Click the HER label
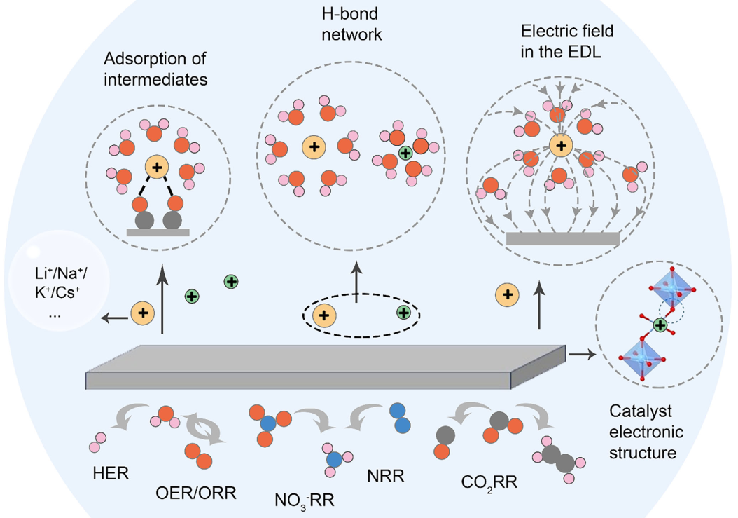click(x=111, y=473)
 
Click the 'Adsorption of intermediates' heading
click(x=155, y=69)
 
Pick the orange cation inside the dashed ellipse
click(x=323, y=315)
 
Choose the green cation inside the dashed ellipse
click(x=403, y=313)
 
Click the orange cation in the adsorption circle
click(x=158, y=167)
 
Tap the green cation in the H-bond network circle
click(x=404, y=152)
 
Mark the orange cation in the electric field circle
click(x=559, y=146)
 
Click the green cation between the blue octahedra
click(x=659, y=325)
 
